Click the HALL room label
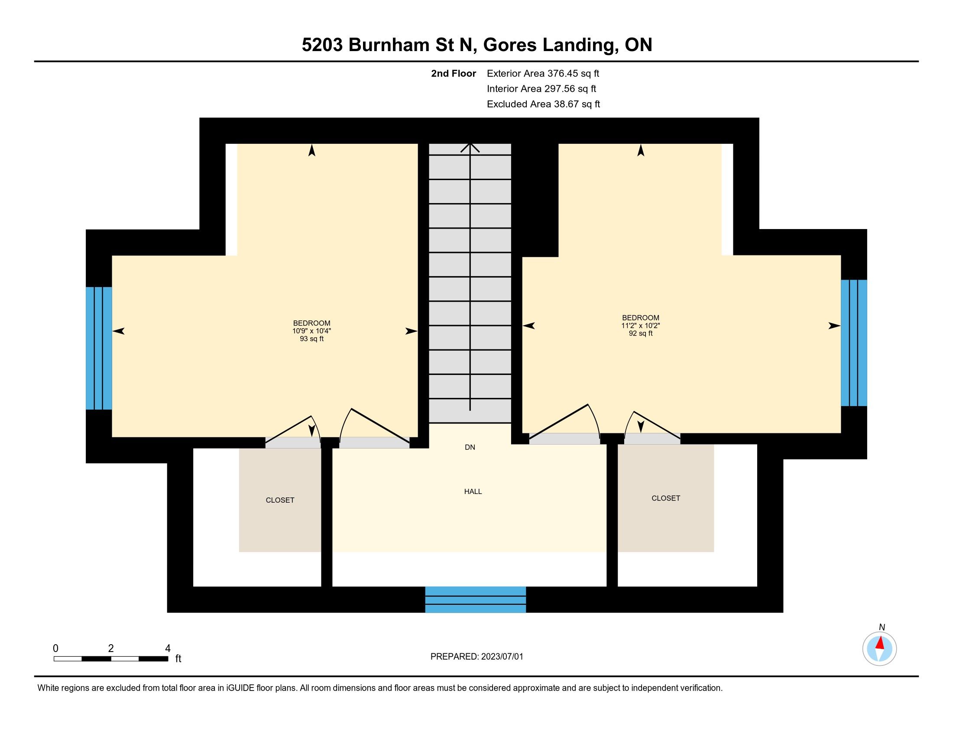pyautogui.click(x=473, y=491)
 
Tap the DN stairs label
pyautogui.click(x=470, y=447)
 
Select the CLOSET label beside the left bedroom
pyautogui.click(x=280, y=500)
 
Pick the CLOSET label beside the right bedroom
pyautogui.click(x=665, y=498)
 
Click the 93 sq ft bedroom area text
pyautogui.click(x=311, y=339)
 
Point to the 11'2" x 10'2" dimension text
pyautogui.click(x=641, y=326)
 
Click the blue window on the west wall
pyautogui.click(x=99, y=348)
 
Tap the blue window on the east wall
pyautogui.click(x=854, y=343)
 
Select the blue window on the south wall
pyautogui.click(x=476, y=600)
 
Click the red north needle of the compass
pyautogui.click(x=880, y=642)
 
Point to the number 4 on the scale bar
pyautogui.click(x=168, y=649)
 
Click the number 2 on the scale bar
pyautogui.click(x=111, y=649)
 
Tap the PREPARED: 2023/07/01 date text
pyautogui.click(x=476, y=657)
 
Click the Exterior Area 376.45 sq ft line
pyautogui.click(x=543, y=73)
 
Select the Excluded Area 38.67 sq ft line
pyautogui.click(x=543, y=104)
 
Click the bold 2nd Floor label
pyautogui.click(x=454, y=73)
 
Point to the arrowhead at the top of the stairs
pyautogui.click(x=470, y=147)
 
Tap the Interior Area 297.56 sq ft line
pyautogui.click(x=541, y=88)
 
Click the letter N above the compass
pyautogui.click(x=882, y=627)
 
